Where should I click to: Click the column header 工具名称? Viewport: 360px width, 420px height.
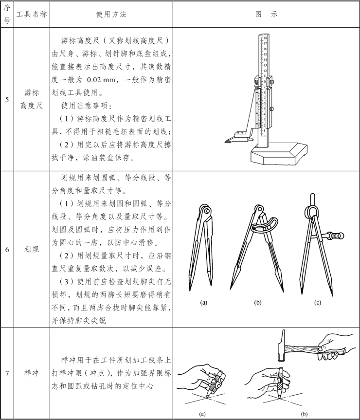(32, 14)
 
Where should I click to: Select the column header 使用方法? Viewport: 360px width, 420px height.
(111, 14)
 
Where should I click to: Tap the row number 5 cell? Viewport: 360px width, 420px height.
(7, 100)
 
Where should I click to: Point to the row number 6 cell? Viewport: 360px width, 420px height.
(7, 249)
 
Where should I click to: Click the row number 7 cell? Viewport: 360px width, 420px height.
(7, 373)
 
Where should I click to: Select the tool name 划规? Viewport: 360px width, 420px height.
(32, 249)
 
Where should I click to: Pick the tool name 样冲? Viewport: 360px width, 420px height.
(32, 373)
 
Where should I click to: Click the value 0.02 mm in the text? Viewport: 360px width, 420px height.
(101, 80)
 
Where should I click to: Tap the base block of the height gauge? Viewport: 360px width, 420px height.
(279, 154)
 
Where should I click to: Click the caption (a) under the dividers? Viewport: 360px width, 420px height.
(204, 303)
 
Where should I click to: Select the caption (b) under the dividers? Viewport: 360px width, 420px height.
(257, 303)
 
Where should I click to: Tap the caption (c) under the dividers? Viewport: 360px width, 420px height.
(318, 303)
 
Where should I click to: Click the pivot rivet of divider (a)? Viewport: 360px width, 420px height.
(207, 211)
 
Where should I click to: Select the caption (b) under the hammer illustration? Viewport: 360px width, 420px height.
(304, 414)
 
